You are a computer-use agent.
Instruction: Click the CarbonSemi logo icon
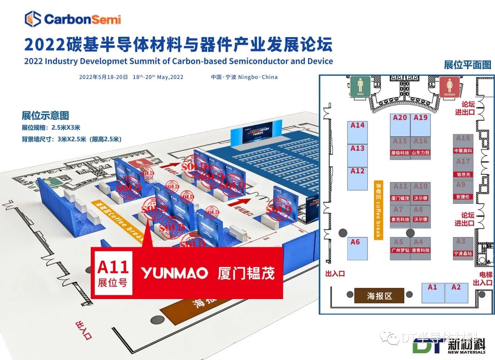click(33, 19)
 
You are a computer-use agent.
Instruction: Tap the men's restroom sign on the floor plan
click(360, 87)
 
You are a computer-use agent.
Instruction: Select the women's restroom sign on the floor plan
click(450, 87)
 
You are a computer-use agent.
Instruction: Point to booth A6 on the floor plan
click(356, 248)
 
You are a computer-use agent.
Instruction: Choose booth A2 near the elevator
click(456, 293)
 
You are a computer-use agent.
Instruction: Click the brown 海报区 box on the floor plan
click(379, 296)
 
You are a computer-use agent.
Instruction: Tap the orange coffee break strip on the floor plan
click(379, 209)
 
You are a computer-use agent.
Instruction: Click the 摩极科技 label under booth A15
click(400, 153)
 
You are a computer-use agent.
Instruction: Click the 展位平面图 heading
click(467, 65)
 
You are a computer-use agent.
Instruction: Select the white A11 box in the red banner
click(113, 273)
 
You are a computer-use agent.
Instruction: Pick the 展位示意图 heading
click(45, 116)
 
